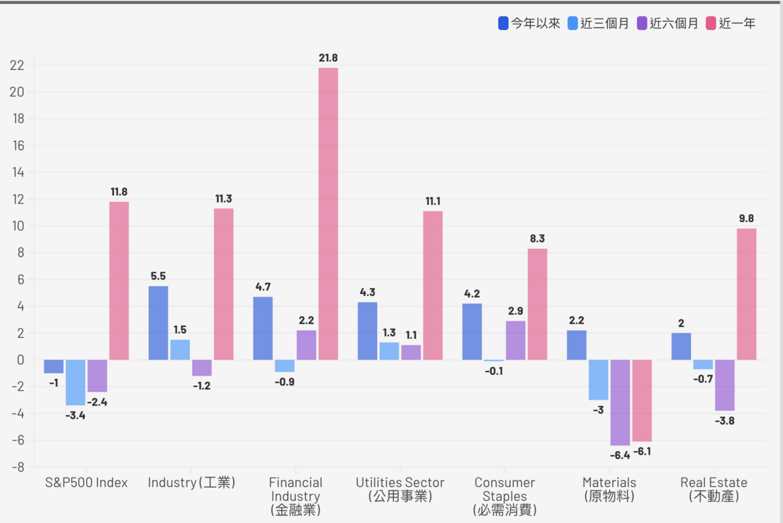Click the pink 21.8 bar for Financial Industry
[x=328, y=214]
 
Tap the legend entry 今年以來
[x=529, y=24]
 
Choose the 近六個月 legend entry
[x=668, y=24]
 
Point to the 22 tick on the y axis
[x=17, y=65]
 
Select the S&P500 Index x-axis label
[x=86, y=483]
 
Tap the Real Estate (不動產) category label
[x=714, y=490]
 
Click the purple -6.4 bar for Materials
[x=620, y=402]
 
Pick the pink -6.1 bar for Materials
[x=642, y=400]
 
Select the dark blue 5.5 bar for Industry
[x=158, y=323]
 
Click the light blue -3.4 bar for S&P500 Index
[x=75, y=383]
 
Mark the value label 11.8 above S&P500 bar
[x=119, y=192]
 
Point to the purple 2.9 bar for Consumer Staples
[x=515, y=340]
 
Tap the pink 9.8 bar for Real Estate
[x=746, y=294]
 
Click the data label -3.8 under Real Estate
[x=725, y=421]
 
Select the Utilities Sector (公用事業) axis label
[x=400, y=490]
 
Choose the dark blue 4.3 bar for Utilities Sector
[x=367, y=330]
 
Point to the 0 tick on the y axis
[x=21, y=360]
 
